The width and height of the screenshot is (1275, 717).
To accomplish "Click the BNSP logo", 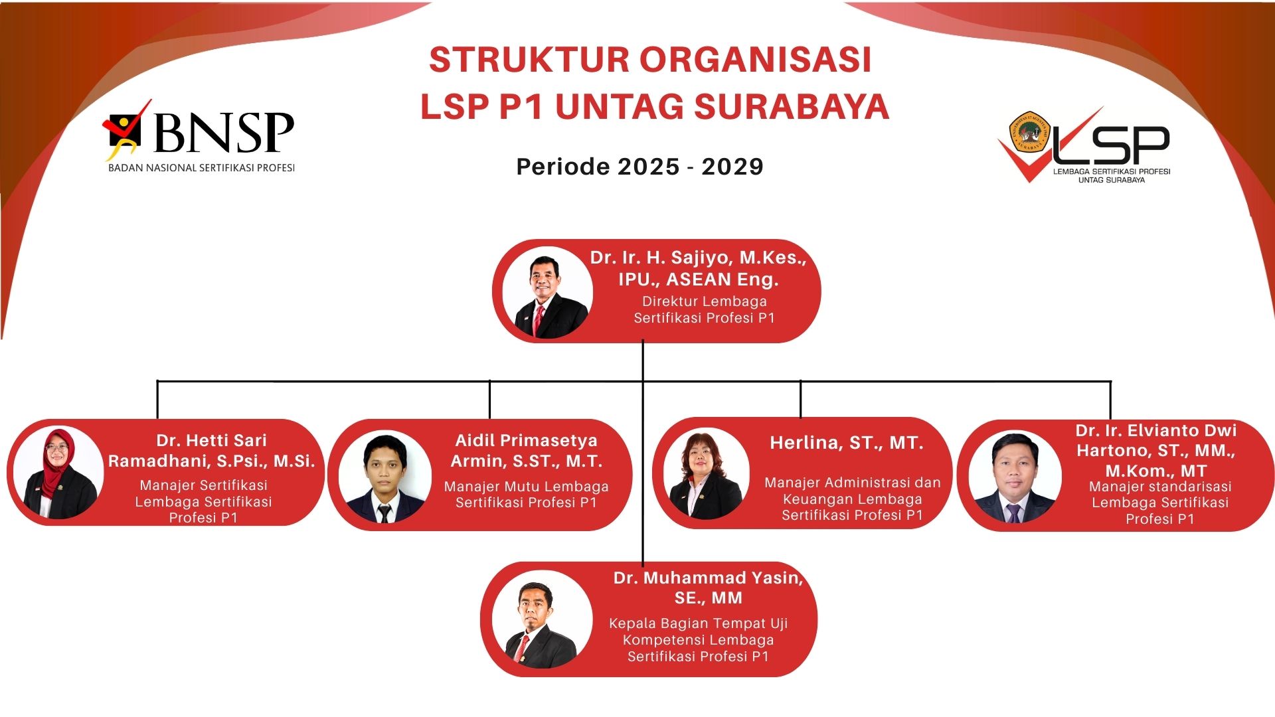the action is [199, 136].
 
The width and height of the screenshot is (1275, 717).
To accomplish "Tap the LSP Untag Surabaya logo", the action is [1084, 145].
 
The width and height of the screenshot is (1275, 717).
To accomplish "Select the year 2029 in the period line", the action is [732, 166].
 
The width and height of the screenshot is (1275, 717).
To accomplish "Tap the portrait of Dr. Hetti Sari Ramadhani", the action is [59, 473].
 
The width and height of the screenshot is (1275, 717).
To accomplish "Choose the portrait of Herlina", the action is [707, 473].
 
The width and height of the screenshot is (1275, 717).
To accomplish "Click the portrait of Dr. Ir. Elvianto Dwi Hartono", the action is [1015, 477].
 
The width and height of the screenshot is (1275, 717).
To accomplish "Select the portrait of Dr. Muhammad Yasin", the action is [543, 619].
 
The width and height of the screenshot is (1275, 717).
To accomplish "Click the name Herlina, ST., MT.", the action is [847, 443].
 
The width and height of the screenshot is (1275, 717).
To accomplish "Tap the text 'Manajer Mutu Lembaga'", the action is [527, 487].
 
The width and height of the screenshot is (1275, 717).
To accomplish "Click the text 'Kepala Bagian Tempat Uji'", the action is [699, 623].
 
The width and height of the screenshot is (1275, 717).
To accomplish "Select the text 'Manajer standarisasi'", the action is [1160, 487].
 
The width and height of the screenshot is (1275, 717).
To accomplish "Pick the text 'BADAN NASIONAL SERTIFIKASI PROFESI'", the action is [201, 168].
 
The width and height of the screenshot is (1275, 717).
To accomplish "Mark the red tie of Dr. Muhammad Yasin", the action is [523, 648].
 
